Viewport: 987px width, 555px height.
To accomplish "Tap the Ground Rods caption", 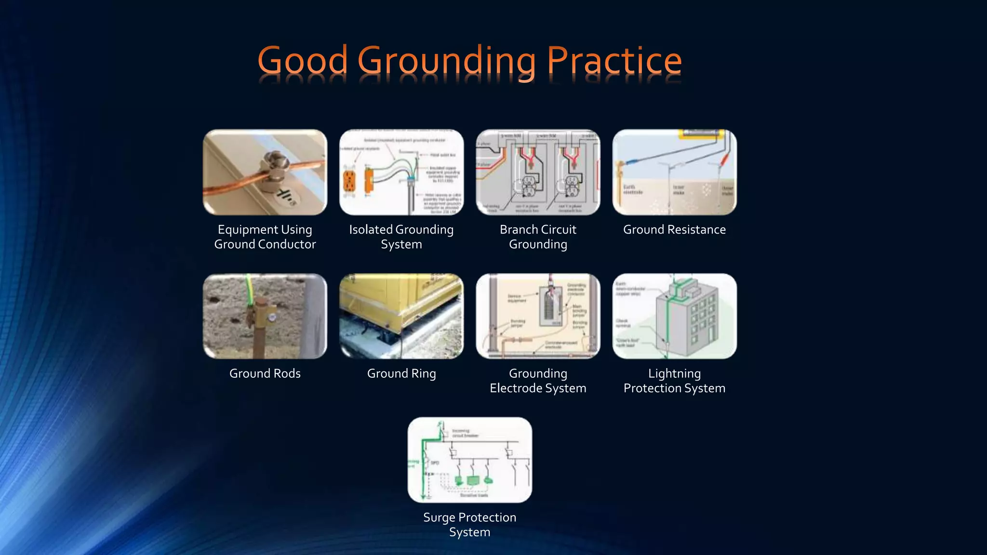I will click(265, 373).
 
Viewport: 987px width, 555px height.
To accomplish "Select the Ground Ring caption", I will click(401, 373).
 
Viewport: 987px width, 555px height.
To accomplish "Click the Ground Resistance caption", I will click(674, 230).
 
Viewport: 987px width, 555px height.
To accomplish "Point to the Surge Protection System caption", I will click(469, 524).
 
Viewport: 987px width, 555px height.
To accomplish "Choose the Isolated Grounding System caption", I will click(401, 237).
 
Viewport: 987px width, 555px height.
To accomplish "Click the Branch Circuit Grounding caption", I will click(538, 237).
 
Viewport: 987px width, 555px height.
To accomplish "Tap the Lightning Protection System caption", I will click(674, 381).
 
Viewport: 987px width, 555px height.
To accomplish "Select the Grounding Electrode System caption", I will click(538, 381).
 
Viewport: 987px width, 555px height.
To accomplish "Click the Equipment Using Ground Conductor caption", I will click(265, 237).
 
